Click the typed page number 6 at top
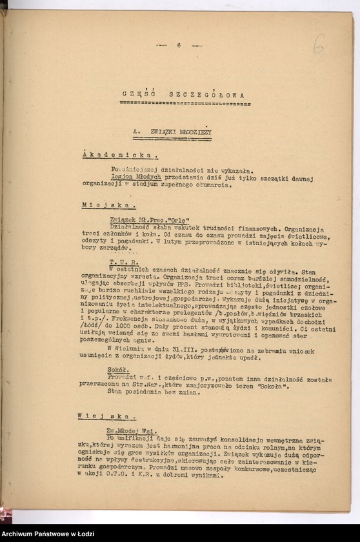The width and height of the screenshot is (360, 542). click(x=179, y=45)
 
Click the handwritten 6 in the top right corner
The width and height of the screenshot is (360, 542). click(x=319, y=45)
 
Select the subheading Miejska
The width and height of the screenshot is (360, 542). click(x=108, y=205)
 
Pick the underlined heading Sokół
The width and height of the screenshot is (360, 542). click(x=119, y=370)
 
